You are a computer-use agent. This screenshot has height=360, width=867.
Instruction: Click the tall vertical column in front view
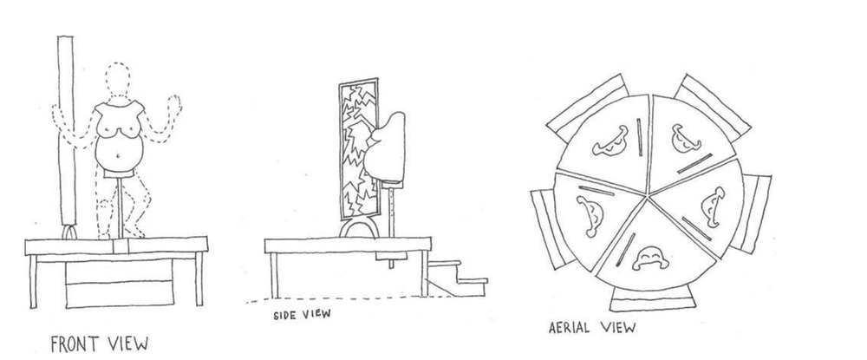(x=68, y=130)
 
